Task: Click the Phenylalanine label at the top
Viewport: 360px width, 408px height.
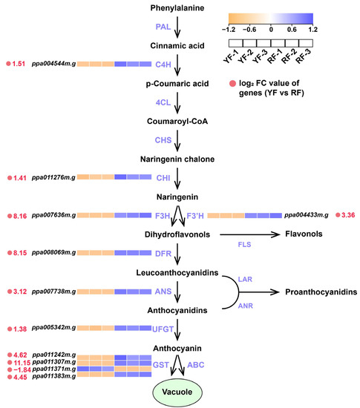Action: point(180,10)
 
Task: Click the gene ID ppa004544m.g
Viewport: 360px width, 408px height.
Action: point(53,65)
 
